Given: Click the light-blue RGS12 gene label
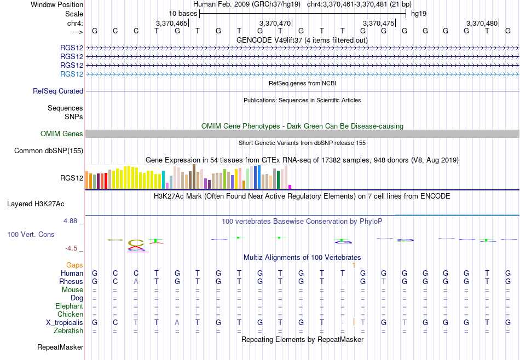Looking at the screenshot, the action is coord(72,74).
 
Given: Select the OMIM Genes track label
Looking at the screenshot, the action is coord(62,133).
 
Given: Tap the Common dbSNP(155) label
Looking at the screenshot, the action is coord(49,151).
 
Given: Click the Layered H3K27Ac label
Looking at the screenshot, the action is coord(36,204).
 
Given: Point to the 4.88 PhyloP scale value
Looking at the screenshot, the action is coord(70,221).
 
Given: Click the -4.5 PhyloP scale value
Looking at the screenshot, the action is coord(71,248).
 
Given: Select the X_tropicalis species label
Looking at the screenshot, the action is coord(65,323).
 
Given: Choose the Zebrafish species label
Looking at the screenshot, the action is coord(68,331).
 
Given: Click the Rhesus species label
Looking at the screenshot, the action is coord(71,281).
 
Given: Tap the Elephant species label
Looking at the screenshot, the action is coord(69,306).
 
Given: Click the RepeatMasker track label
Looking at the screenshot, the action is coord(60,347).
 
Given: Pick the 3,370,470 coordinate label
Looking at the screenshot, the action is coord(275,23).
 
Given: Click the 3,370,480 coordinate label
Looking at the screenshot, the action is coord(482,23).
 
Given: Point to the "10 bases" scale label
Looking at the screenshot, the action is coord(183,14).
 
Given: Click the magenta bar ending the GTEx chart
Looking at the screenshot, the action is coord(290,187).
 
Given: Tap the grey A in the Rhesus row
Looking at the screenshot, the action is coord(136,281).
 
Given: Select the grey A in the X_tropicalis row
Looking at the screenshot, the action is coord(177,323).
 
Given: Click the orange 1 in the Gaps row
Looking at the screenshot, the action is coord(354,265).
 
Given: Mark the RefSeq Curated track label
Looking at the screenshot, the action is coord(58,91).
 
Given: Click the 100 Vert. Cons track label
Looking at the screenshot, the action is coord(31,235).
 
